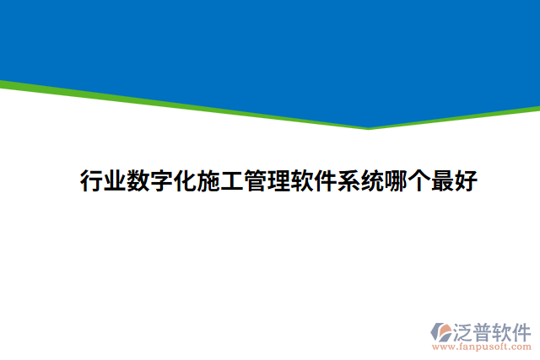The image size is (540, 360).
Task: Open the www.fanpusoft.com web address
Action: pyautogui.click(x=481, y=347)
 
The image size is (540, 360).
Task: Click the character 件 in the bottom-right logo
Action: pyautogui.click(x=522, y=330)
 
